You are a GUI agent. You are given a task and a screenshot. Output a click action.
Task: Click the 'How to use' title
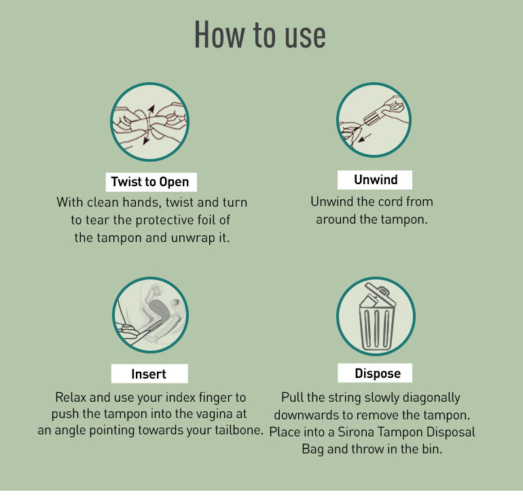point(260,35)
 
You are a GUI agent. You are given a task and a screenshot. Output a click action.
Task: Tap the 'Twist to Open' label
point(151,182)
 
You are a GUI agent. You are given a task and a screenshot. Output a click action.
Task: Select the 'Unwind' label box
point(375,180)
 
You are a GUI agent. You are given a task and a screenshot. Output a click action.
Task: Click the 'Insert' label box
point(149,374)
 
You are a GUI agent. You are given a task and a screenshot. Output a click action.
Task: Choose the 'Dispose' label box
point(375,373)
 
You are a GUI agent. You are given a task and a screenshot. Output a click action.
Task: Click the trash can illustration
point(376,317)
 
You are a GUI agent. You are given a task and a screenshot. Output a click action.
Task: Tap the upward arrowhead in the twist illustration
point(151,109)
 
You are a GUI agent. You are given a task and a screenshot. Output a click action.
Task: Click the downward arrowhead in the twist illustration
point(146,141)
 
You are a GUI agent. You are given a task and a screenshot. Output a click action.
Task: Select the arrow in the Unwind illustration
point(365,137)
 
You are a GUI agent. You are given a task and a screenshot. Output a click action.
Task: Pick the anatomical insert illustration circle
point(150,315)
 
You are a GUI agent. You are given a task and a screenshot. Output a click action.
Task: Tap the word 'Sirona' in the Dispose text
point(356,432)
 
